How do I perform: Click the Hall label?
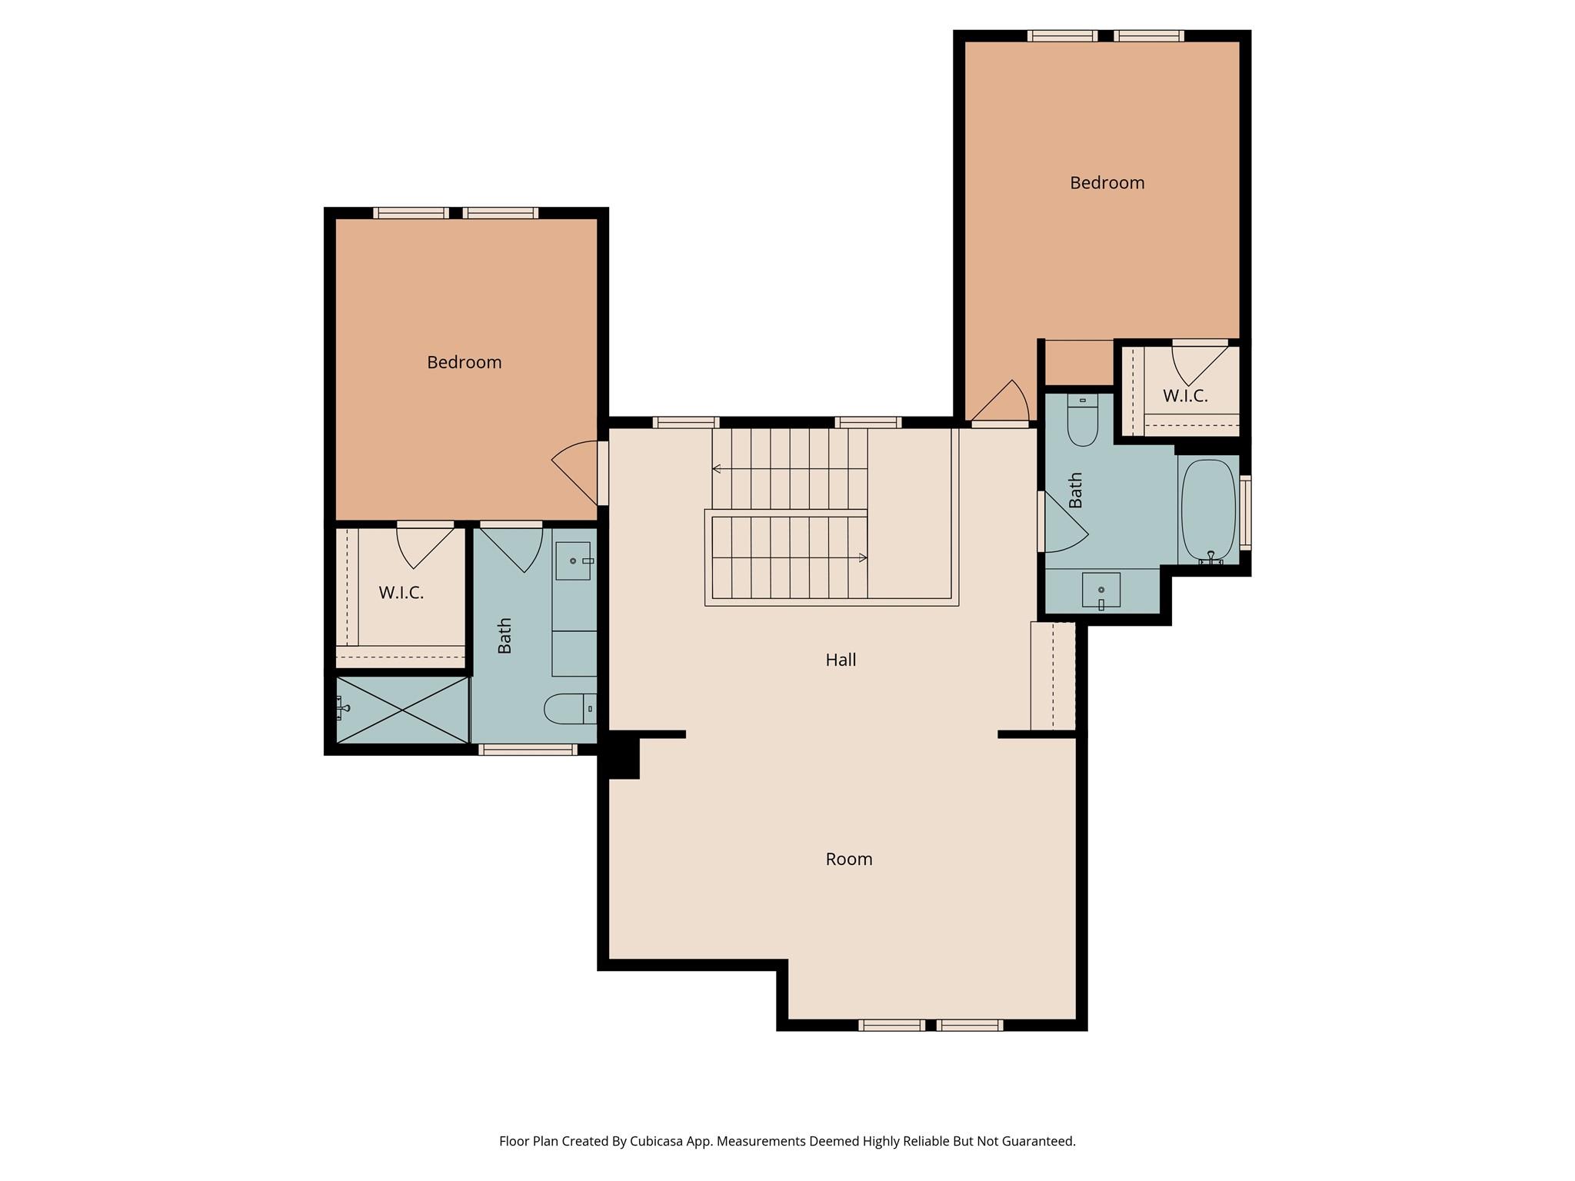click(841, 660)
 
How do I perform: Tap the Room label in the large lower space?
click(848, 859)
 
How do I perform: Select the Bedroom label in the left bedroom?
click(464, 362)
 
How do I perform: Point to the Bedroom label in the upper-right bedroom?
click(1107, 183)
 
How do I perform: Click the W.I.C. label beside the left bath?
click(401, 593)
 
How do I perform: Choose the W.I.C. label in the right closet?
click(1184, 396)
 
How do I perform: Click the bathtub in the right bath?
click(1208, 510)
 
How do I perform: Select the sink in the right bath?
click(1101, 590)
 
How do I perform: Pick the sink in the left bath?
click(573, 561)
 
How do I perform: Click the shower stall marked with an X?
click(402, 710)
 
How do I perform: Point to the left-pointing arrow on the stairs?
click(717, 468)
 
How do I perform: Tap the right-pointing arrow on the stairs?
click(863, 557)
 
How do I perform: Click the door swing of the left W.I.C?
click(423, 545)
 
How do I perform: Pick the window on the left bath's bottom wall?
click(528, 750)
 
